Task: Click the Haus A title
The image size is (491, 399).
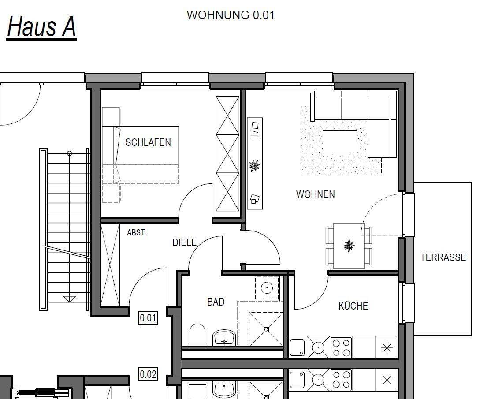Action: [41, 27]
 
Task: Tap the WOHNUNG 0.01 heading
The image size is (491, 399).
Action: [231, 15]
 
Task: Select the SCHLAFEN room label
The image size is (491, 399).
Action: [148, 142]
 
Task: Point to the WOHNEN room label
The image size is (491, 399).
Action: [315, 194]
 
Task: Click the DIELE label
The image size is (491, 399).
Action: [184, 242]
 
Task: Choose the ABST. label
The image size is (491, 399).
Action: [137, 233]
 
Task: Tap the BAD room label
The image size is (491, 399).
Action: [216, 302]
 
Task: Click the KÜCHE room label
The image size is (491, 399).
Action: [353, 306]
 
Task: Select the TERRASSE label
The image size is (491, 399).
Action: [443, 257]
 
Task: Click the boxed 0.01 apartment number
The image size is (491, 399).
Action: [148, 318]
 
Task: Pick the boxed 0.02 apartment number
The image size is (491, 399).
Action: [148, 374]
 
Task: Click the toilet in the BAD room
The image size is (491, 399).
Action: [197, 335]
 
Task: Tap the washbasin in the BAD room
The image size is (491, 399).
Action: [224, 338]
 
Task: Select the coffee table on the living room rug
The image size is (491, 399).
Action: [340, 142]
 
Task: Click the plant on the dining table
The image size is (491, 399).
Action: [349, 246]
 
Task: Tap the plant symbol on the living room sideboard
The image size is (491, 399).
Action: [254, 165]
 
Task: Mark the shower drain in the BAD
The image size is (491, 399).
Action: [266, 329]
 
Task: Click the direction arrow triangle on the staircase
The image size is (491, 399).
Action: [70, 299]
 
